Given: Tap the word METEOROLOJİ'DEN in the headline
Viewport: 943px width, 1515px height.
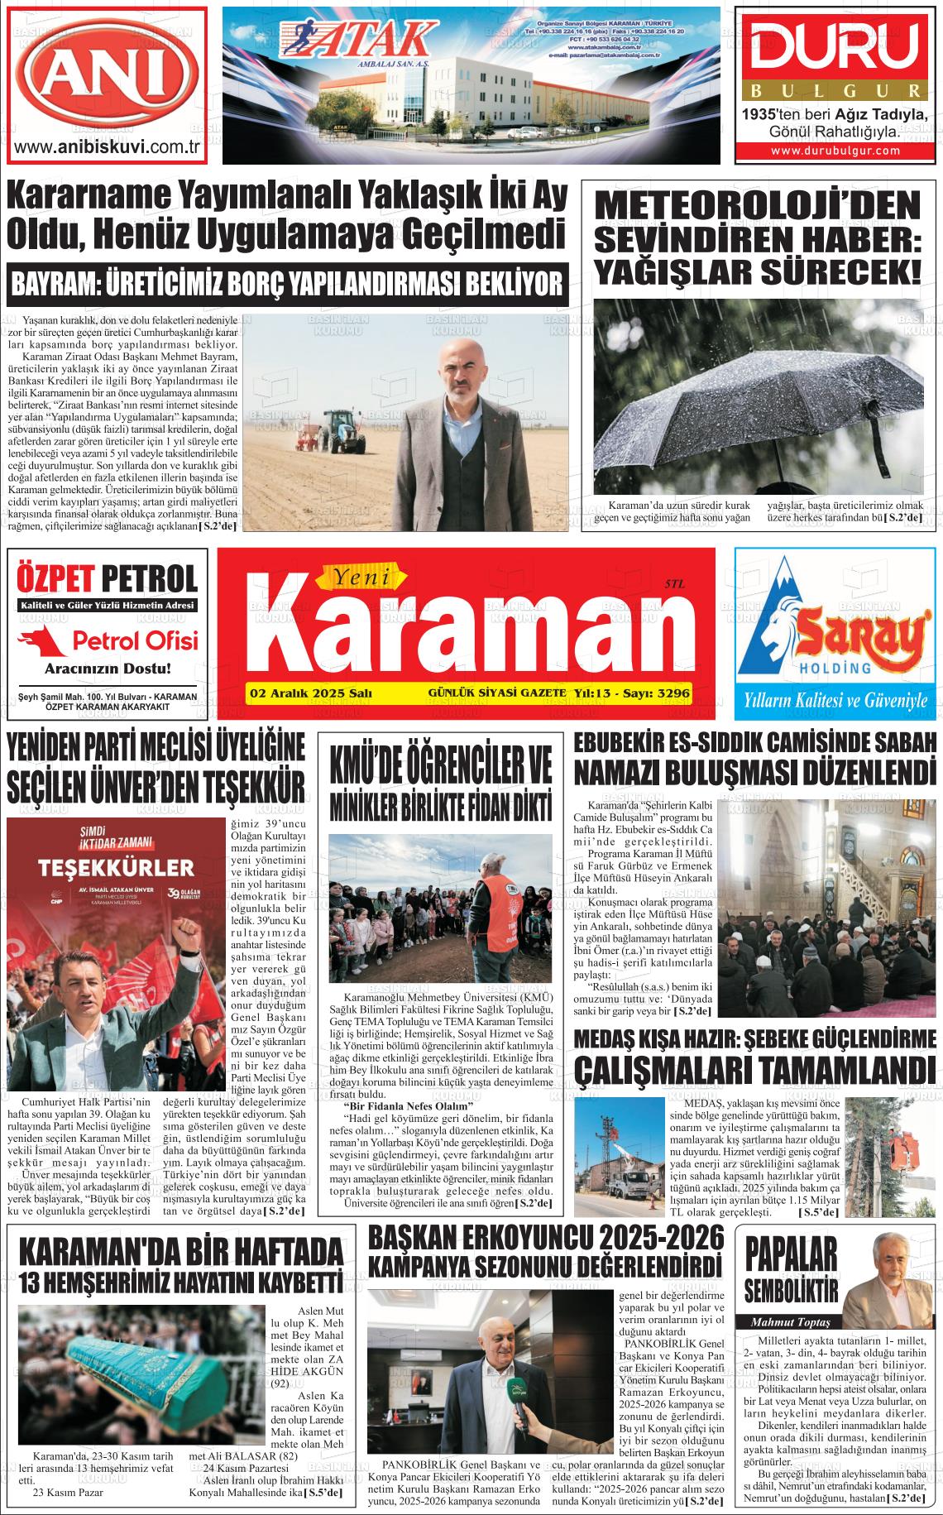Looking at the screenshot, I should click(758, 205).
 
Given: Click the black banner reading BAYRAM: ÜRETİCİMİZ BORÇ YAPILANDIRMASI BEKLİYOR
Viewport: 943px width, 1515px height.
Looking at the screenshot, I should click(286, 284).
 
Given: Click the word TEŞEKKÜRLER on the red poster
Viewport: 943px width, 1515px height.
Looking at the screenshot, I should click(114, 869).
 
